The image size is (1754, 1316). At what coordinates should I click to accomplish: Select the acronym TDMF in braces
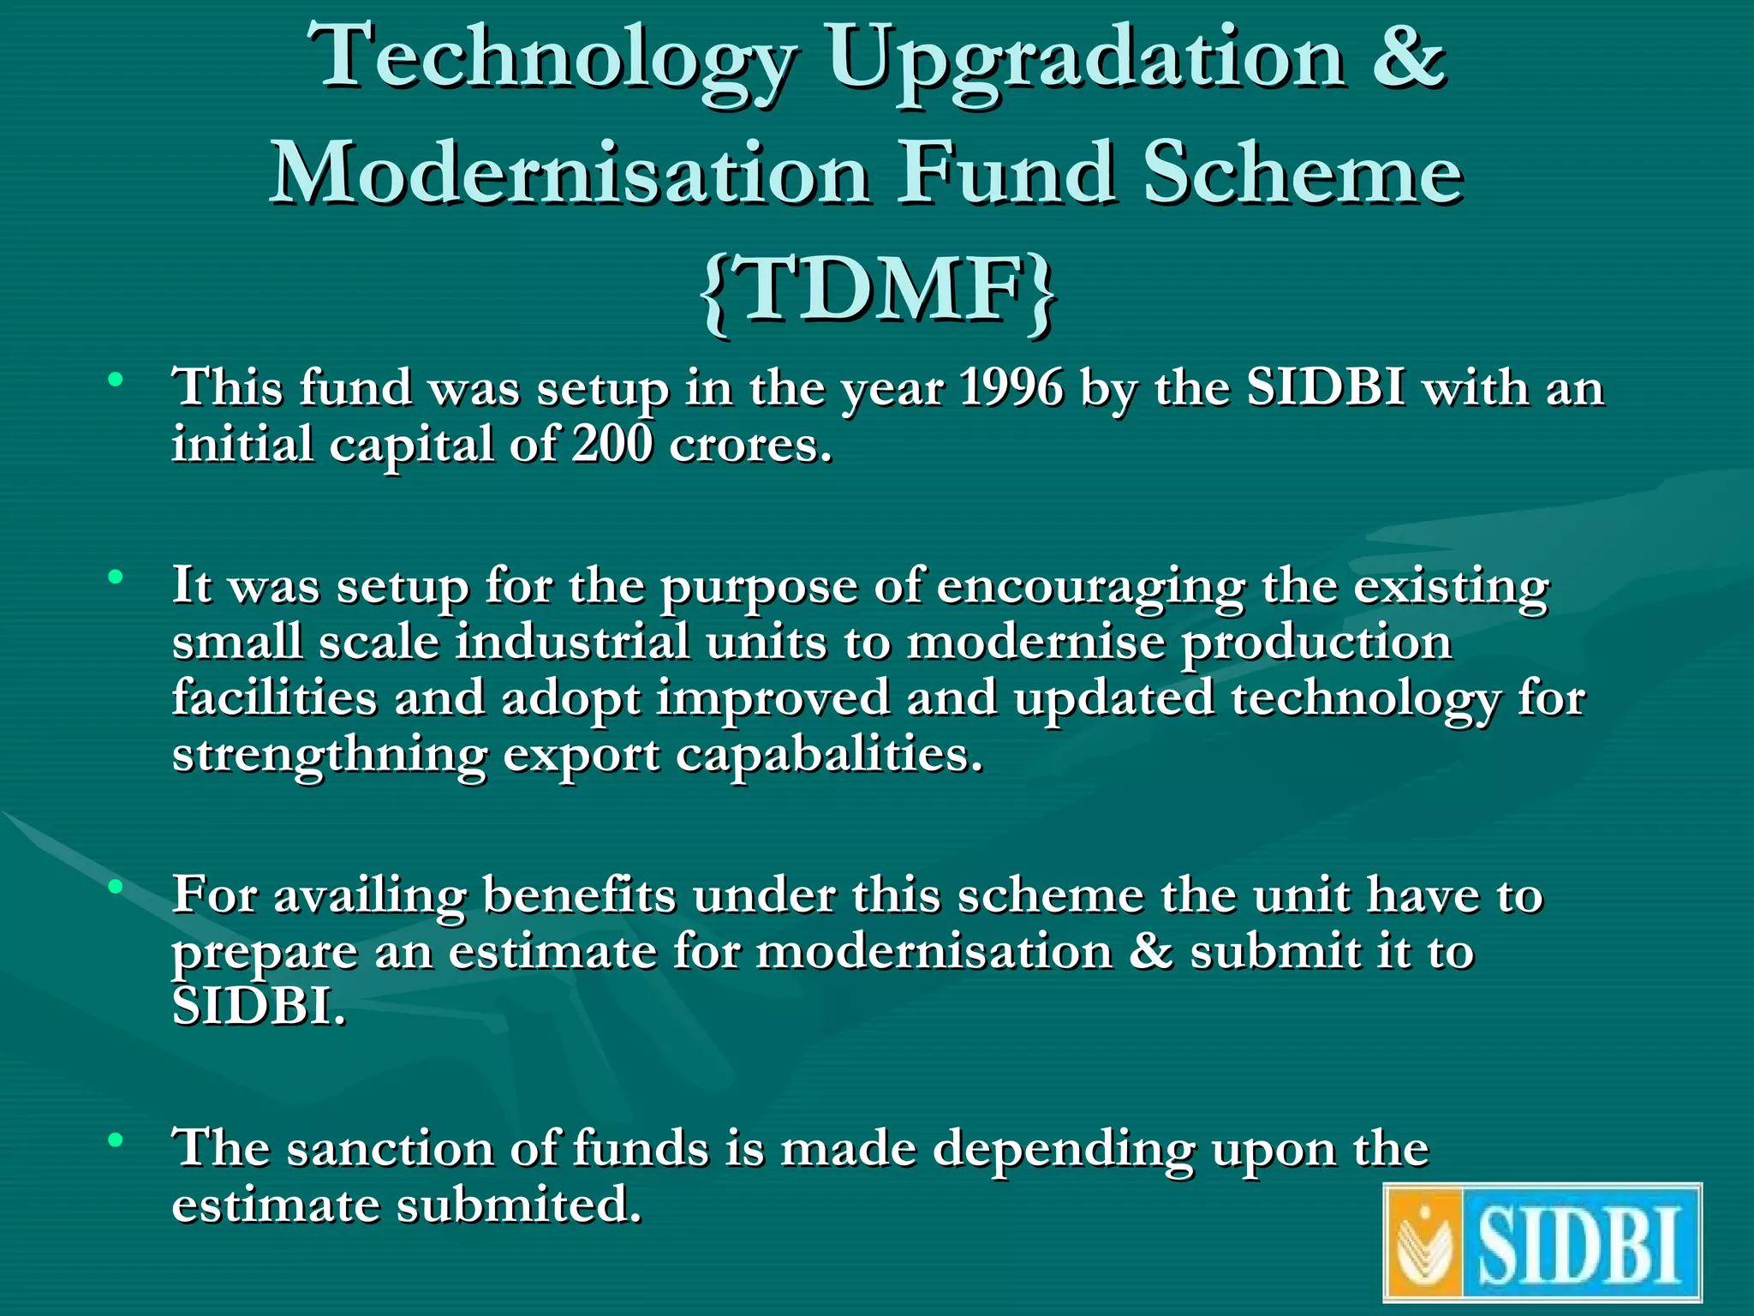(878, 291)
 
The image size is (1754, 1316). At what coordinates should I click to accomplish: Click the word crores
(750, 446)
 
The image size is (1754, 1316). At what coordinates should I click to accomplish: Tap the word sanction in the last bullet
(390, 1149)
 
